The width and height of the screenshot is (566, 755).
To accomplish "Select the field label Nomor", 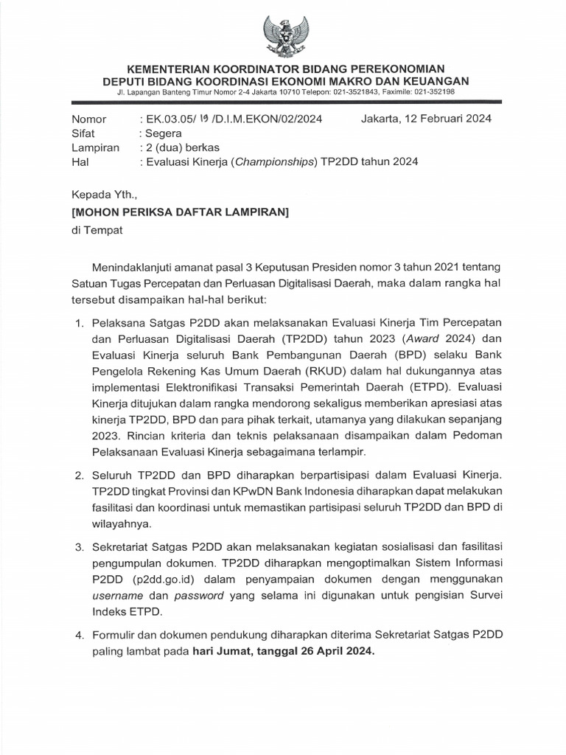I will (x=88, y=119).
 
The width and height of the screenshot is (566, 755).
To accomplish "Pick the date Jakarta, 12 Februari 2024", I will (x=427, y=119).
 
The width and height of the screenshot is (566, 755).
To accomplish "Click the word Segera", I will (x=163, y=133).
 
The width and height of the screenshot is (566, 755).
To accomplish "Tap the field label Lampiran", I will (x=95, y=147).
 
